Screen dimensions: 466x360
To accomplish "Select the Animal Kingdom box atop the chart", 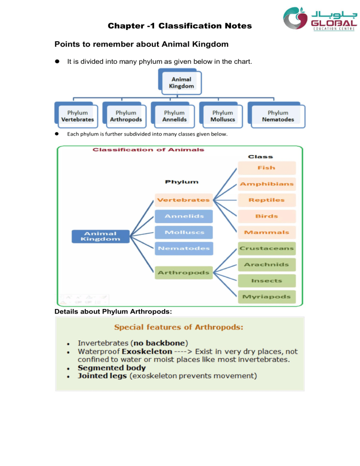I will point(181,83).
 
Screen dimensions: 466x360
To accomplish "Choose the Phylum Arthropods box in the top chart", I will point(126,116).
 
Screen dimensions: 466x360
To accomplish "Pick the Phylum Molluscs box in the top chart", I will point(222,116).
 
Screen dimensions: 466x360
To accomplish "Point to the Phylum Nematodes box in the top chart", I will point(278,116).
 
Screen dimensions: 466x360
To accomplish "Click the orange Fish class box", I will point(267,168).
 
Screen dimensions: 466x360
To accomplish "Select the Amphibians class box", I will point(267,184).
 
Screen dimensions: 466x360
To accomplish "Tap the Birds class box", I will point(267,216).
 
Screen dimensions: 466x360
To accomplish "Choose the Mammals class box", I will point(267,232).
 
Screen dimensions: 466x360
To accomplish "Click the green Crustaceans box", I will point(267,248).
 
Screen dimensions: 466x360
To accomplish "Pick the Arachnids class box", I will point(267,264).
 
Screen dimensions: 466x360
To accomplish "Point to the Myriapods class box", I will point(267,296).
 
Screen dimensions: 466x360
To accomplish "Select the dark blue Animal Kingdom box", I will point(100,236).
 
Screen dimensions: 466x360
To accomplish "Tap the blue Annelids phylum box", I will point(183,216).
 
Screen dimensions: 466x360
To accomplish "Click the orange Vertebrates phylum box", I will point(183,200).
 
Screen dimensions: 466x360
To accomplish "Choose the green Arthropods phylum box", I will point(183,272).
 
